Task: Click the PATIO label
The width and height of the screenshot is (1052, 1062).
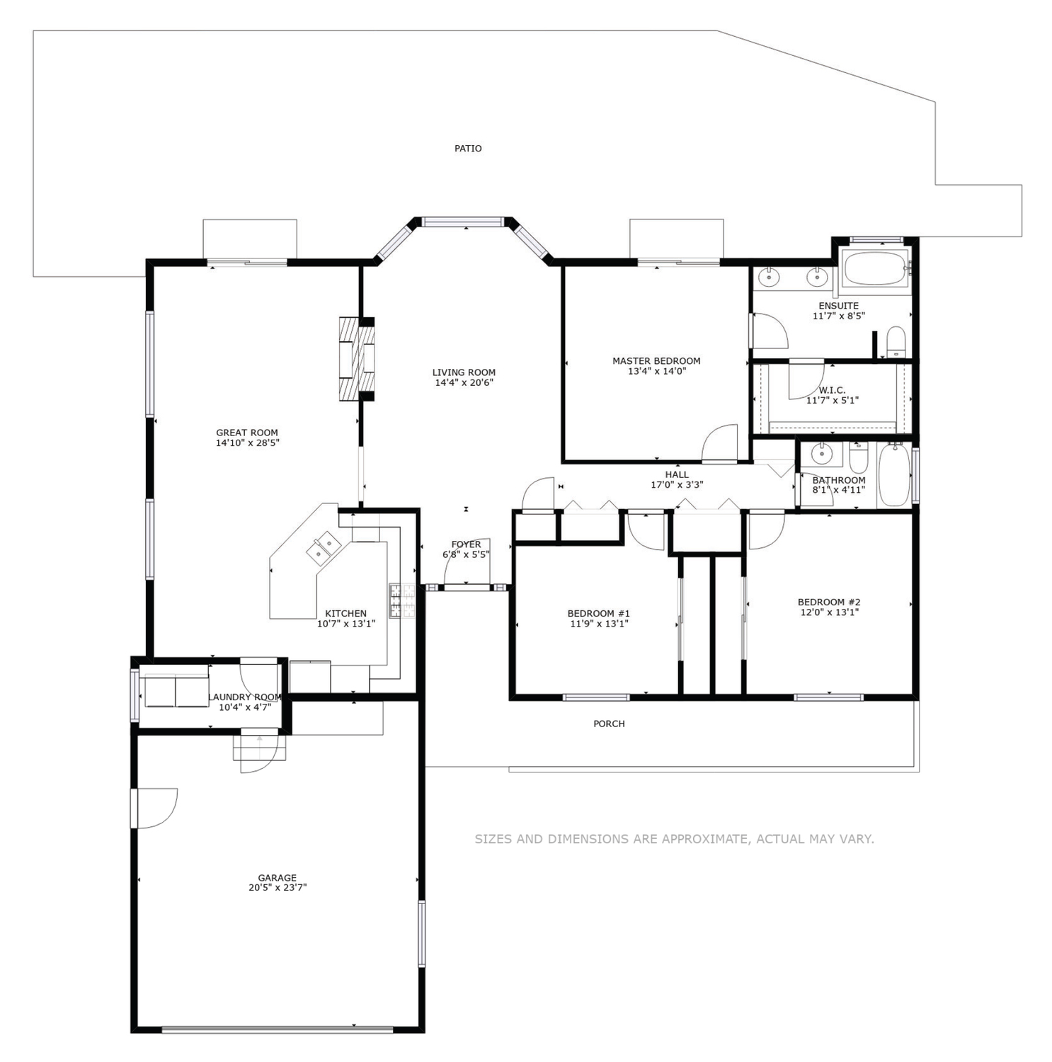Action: click(468, 149)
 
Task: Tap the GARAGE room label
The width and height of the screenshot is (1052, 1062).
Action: click(278, 878)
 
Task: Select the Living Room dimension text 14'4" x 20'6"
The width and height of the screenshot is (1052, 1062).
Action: click(464, 383)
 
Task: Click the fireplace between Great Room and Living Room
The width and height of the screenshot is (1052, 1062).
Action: click(357, 358)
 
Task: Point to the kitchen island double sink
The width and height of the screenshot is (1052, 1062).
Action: click(324, 547)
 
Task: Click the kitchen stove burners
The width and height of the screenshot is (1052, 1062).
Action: click(401, 602)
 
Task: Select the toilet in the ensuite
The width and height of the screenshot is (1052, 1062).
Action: click(896, 342)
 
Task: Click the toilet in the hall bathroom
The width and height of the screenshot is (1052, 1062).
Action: click(858, 458)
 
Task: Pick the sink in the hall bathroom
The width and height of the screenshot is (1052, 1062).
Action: click(821, 454)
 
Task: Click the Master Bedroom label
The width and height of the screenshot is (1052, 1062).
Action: click(656, 361)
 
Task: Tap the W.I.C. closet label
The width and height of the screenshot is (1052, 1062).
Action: click(832, 390)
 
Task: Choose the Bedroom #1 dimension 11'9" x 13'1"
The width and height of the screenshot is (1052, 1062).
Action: click(599, 624)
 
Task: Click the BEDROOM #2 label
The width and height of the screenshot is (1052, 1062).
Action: click(829, 603)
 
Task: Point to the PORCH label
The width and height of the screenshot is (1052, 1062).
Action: click(609, 724)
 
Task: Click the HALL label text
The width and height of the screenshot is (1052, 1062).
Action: click(677, 475)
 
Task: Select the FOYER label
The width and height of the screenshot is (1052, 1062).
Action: click(466, 544)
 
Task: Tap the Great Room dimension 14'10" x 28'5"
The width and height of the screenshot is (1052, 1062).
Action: click(247, 443)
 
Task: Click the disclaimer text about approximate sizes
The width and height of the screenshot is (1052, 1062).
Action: click(674, 839)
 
